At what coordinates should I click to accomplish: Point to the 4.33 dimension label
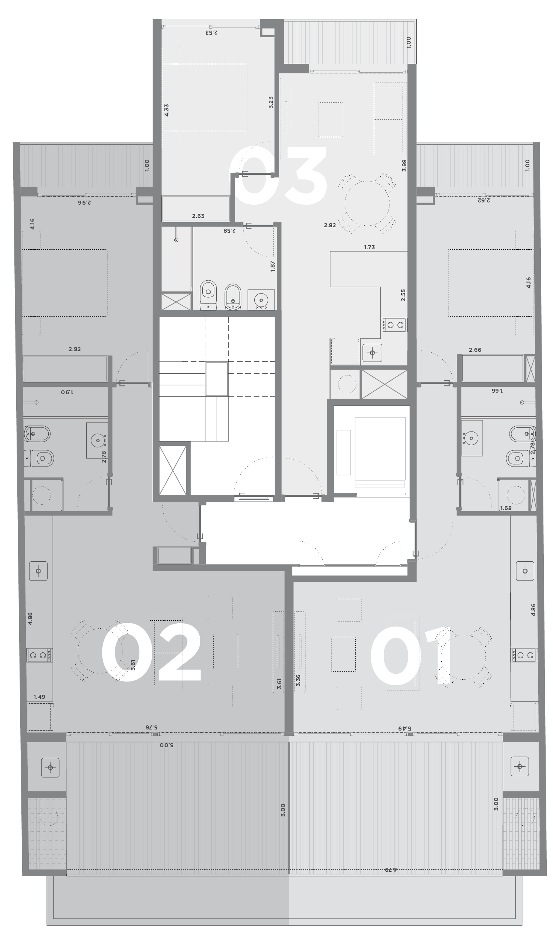pyautogui.click(x=167, y=110)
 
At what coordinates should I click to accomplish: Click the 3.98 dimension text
pyautogui.click(x=404, y=165)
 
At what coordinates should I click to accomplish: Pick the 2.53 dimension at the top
pyautogui.click(x=211, y=32)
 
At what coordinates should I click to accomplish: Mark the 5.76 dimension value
pyautogui.click(x=151, y=727)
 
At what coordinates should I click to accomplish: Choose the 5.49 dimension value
pyautogui.click(x=405, y=728)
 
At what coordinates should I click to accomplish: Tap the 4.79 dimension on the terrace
pyautogui.click(x=391, y=869)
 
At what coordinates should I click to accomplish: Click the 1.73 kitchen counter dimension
pyautogui.click(x=369, y=247)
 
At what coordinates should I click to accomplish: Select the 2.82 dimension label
pyautogui.click(x=330, y=225)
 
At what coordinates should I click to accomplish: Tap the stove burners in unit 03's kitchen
pyautogui.click(x=394, y=325)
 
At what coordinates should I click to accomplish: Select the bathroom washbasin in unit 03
pyautogui.click(x=261, y=299)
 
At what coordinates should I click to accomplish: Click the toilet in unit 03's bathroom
pyautogui.click(x=208, y=294)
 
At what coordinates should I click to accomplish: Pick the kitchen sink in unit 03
pyautogui.click(x=372, y=353)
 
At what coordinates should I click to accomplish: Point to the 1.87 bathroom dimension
pyautogui.click(x=273, y=266)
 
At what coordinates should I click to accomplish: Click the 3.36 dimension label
pyautogui.click(x=298, y=681)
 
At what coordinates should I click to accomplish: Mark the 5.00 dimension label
pyautogui.click(x=167, y=745)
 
